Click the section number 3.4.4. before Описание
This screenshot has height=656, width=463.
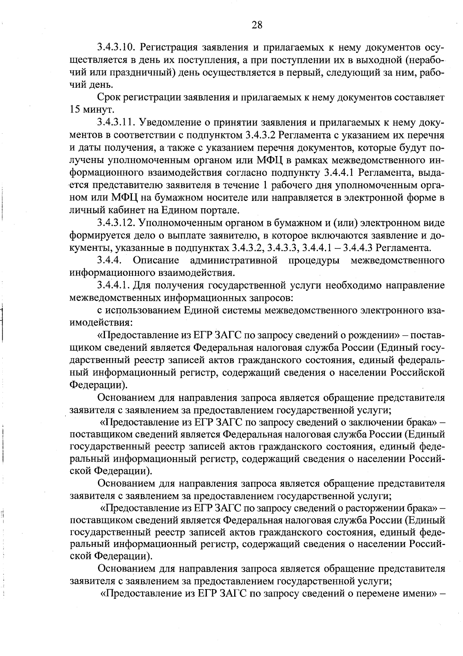point(110,260)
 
